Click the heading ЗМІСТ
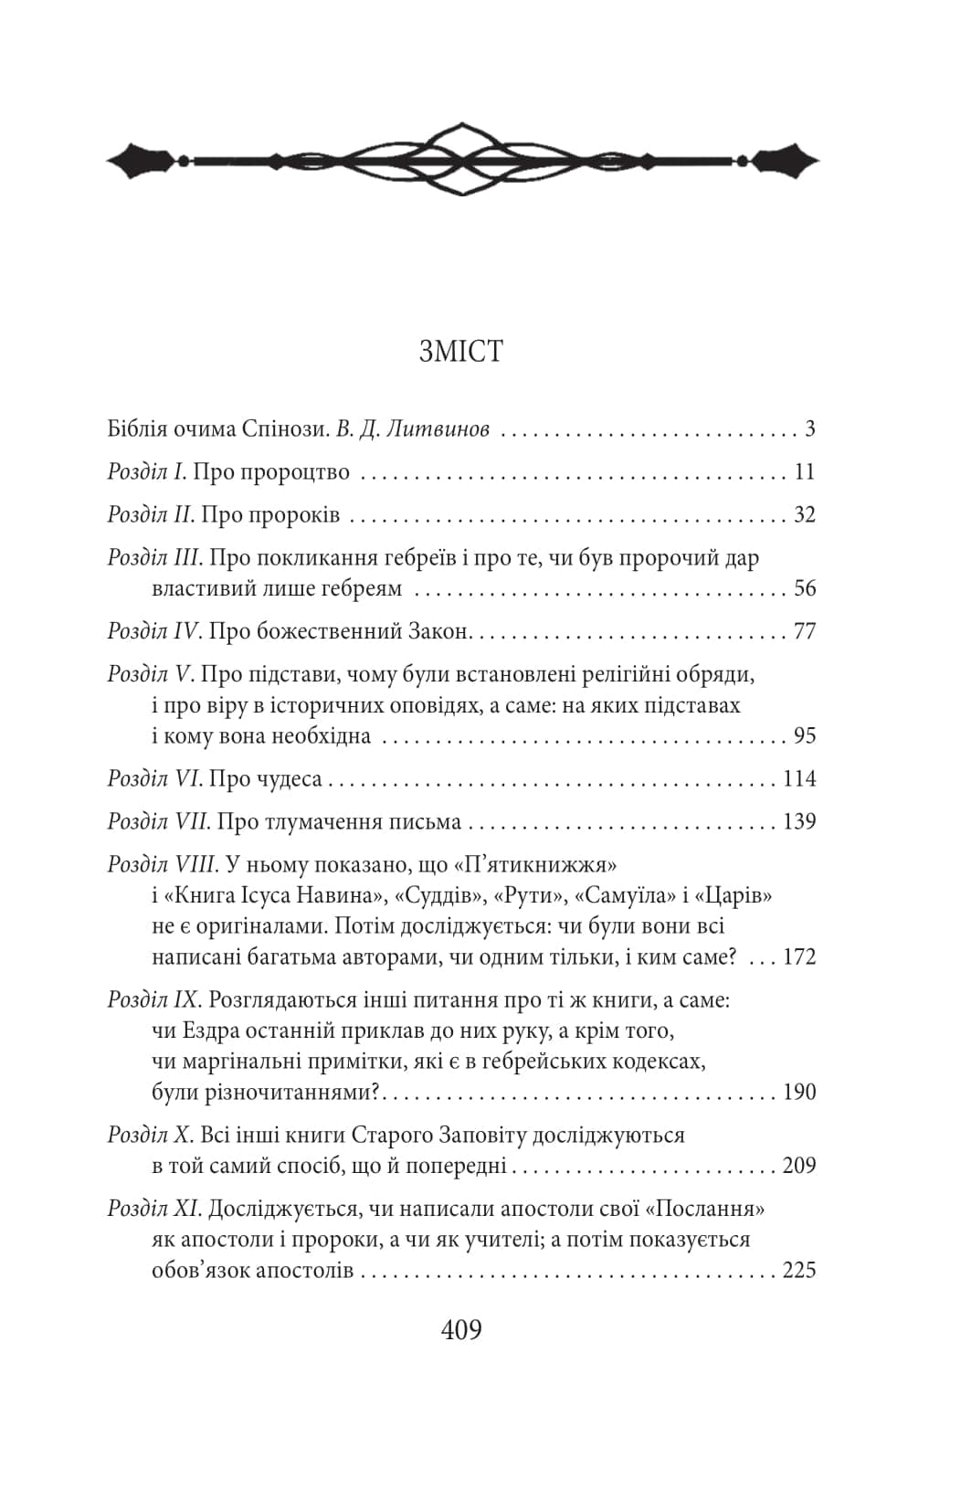pyautogui.click(x=461, y=352)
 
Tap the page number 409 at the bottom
pyautogui.click(x=461, y=1330)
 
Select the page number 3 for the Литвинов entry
pyautogui.click(x=809, y=429)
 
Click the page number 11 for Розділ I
pyautogui.click(x=804, y=472)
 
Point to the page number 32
pyautogui.click(x=804, y=515)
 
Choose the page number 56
pyautogui.click(x=804, y=588)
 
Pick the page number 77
pyautogui.click(x=804, y=631)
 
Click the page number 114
pyautogui.click(x=799, y=779)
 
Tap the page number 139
pyautogui.click(x=799, y=822)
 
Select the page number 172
pyautogui.click(x=799, y=957)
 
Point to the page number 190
pyautogui.click(x=799, y=1093)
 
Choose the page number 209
pyautogui.click(x=799, y=1167)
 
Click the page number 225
pyautogui.click(x=799, y=1271)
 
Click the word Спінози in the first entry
pyautogui.click(x=283, y=429)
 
